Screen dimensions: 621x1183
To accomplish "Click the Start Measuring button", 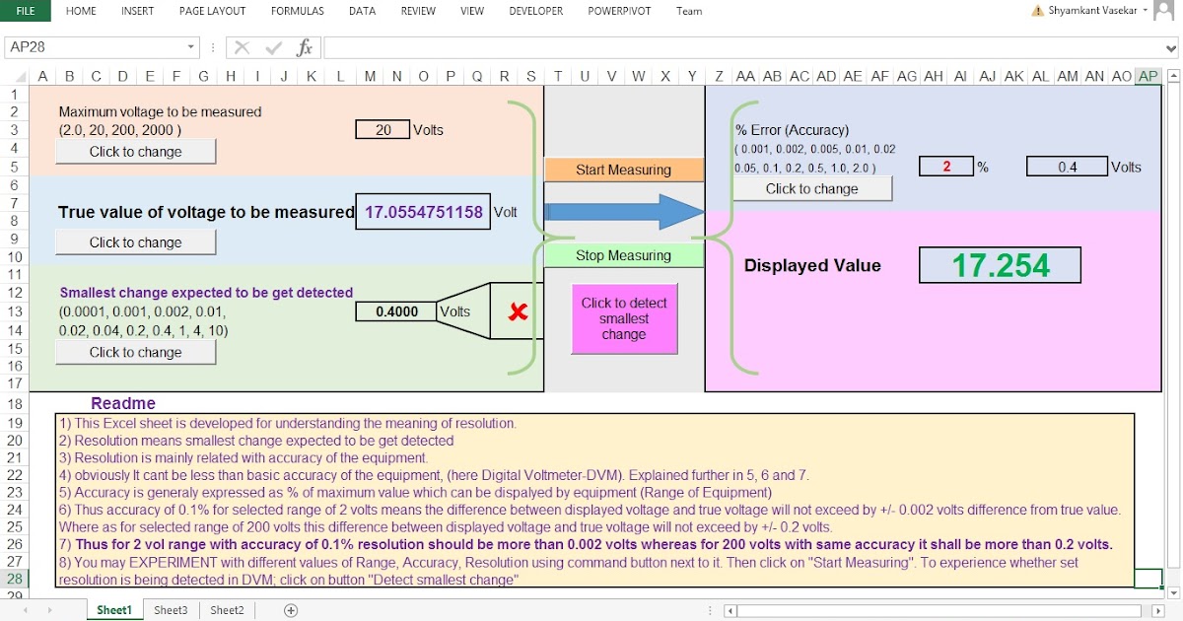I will [x=623, y=170].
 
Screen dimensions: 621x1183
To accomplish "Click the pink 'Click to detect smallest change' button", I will [x=624, y=318].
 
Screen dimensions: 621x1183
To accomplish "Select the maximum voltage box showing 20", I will [x=383, y=129].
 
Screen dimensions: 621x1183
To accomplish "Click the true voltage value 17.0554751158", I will [x=423, y=212].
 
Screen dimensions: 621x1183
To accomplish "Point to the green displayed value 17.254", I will [x=1000, y=265].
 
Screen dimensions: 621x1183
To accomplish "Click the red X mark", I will [x=517, y=312].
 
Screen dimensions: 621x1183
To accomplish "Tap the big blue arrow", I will [x=622, y=212].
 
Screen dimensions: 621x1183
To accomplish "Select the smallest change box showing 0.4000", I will [x=396, y=311].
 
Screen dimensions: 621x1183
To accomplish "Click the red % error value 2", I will [x=945, y=167].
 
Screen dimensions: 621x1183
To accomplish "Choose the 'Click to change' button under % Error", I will [x=811, y=188].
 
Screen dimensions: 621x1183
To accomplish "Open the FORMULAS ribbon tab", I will [x=297, y=11].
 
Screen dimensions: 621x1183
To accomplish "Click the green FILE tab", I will [x=26, y=11].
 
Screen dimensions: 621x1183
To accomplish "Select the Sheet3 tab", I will [x=171, y=610].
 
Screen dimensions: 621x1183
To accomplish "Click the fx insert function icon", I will [x=305, y=47].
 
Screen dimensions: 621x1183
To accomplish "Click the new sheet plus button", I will [x=291, y=610].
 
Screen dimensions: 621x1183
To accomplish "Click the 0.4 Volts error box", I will [x=1067, y=167].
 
